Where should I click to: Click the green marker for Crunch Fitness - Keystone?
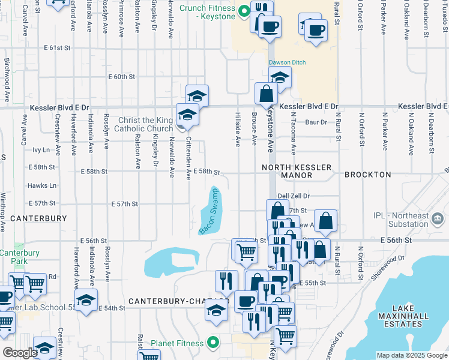click(244, 11)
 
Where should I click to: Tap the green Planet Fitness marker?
click(212, 343)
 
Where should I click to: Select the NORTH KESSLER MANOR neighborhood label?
click(287, 171)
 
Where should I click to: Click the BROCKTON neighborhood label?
click(367, 175)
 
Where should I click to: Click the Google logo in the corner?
click(20, 353)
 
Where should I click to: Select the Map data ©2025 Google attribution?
click(411, 355)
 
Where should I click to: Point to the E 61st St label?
click(57, 47)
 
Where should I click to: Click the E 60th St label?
click(122, 77)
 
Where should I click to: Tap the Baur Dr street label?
click(316, 122)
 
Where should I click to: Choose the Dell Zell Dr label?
click(294, 196)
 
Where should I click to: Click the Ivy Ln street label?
click(41, 149)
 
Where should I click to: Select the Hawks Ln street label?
click(45, 185)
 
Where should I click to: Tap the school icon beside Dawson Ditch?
click(280, 76)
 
